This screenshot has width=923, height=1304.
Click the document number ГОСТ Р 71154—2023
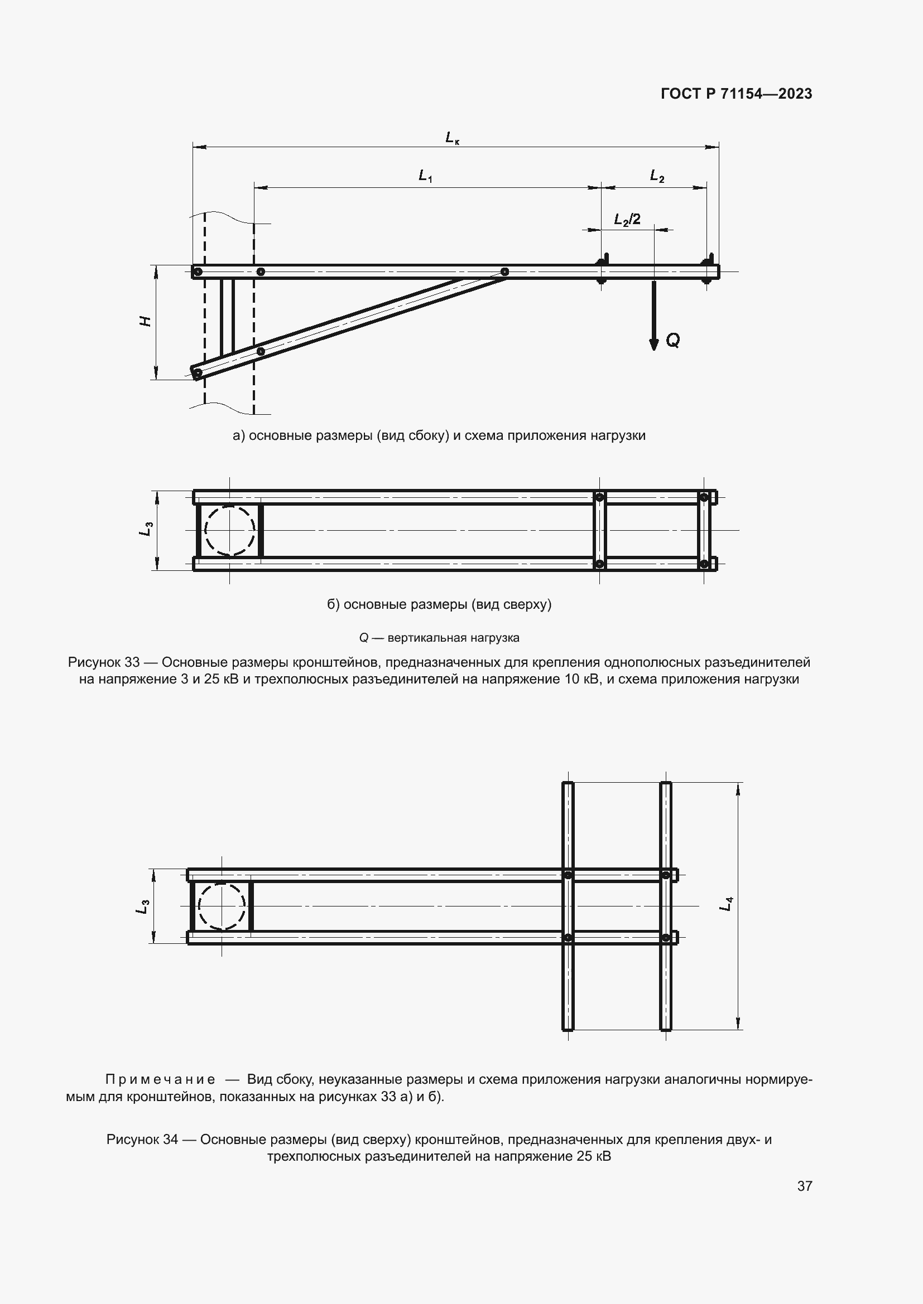tap(737, 94)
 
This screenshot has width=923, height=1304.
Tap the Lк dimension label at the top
tap(452, 138)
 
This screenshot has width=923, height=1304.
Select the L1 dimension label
tap(425, 176)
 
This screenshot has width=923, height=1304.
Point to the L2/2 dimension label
tap(627, 219)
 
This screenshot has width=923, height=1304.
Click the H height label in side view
tap(146, 322)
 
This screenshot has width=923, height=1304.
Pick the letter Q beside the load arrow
tap(672, 340)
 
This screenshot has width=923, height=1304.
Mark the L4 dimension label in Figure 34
tap(726, 904)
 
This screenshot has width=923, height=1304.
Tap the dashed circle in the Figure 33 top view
tap(229, 530)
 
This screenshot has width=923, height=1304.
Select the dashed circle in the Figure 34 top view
tap(222, 906)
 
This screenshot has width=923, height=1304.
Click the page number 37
tap(804, 1186)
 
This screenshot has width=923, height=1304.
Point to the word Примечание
tap(160, 1079)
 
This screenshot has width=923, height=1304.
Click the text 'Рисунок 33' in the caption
tap(103, 662)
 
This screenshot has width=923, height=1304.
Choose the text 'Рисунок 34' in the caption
tap(142, 1140)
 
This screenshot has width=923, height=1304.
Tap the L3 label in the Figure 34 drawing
tap(142, 907)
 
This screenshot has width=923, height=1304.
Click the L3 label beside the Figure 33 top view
tap(146, 530)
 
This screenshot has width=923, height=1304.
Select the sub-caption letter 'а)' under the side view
tap(239, 435)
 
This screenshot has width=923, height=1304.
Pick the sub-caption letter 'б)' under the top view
tap(333, 604)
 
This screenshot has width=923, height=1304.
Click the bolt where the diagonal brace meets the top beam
tap(504, 272)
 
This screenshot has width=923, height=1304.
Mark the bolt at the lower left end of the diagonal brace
tap(198, 373)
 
